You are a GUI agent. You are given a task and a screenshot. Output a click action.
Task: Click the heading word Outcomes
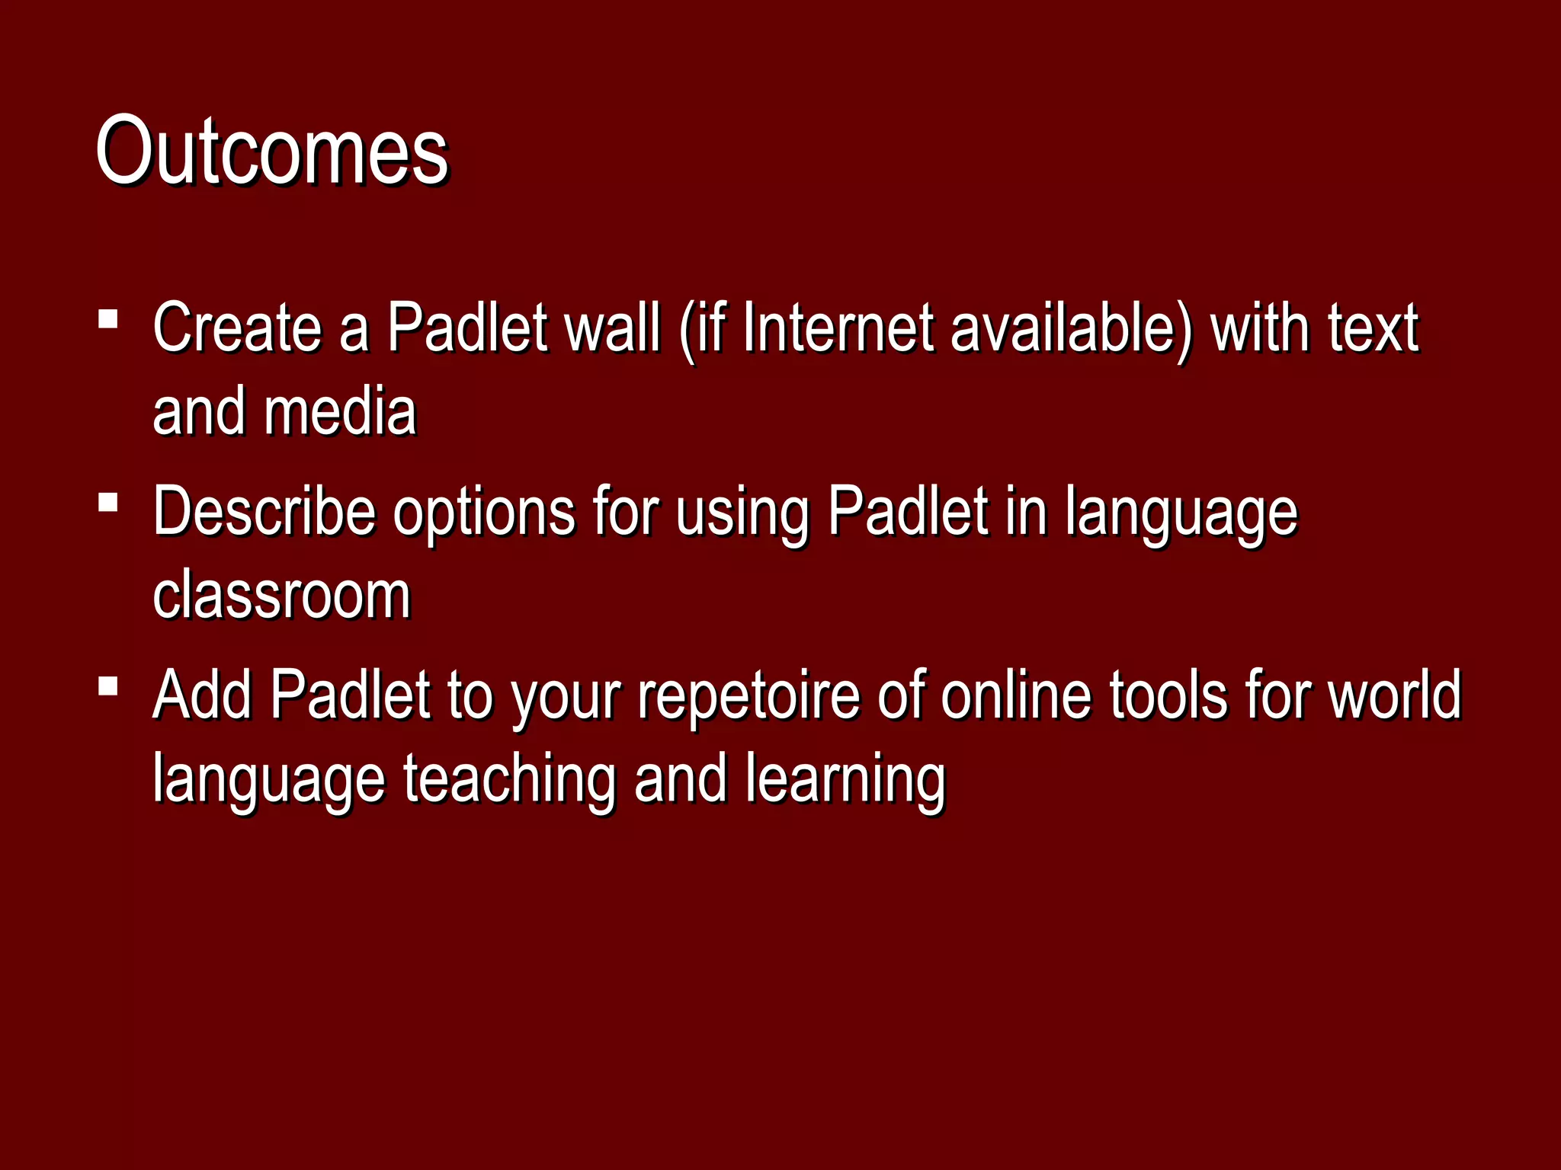[272, 150]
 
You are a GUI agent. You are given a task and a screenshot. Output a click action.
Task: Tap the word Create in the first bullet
[237, 328]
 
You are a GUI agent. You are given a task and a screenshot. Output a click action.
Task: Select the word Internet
[838, 328]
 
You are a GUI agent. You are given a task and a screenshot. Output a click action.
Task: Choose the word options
[484, 512]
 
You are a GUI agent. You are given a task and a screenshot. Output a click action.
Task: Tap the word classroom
[282, 596]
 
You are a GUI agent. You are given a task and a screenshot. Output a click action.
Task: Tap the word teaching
[509, 778]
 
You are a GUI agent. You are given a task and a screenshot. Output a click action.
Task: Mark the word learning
[845, 778]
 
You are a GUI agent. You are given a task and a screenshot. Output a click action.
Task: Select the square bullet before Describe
[108, 502]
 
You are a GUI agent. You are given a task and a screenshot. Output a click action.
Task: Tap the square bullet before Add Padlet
[108, 686]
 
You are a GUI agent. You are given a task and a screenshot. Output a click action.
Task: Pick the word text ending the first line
[1372, 328]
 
